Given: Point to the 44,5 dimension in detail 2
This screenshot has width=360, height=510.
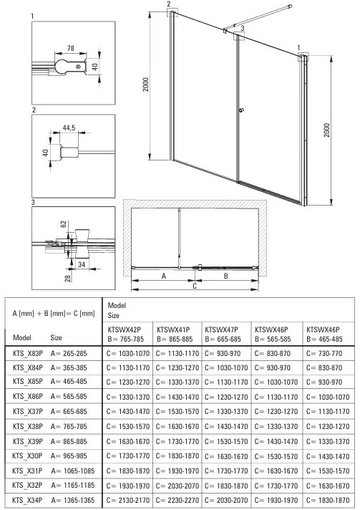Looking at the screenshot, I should tap(69, 127).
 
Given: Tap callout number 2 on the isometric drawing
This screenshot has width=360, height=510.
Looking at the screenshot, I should tap(169, 4).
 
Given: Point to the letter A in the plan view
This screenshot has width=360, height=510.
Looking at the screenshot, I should tap(164, 274).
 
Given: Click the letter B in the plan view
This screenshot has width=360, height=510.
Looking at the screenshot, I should tap(226, 274).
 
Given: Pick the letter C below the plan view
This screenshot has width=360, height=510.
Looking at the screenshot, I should tap(193, 287).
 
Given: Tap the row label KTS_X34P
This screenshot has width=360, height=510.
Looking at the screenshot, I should tap(26, 501).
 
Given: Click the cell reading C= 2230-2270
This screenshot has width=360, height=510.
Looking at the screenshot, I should tap(177, 501).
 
